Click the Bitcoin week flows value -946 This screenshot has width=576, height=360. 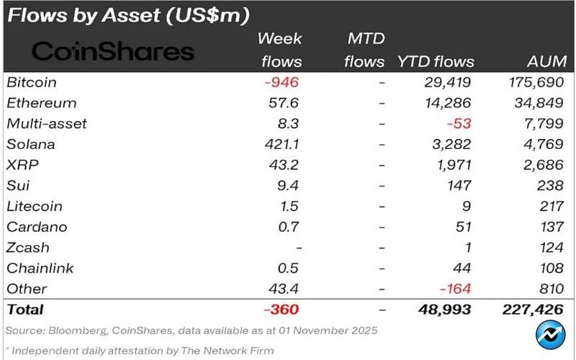[281, 82]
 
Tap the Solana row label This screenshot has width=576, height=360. [30, 144]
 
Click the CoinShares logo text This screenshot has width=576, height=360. [114, 51]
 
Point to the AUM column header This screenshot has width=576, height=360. [546, 62]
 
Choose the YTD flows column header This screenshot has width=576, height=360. [436, 62]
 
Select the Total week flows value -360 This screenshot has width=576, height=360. [280, 310]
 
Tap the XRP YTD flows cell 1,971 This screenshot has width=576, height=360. [451, 165]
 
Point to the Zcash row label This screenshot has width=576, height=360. [28, 248]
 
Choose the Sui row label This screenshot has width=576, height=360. [17, 186]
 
